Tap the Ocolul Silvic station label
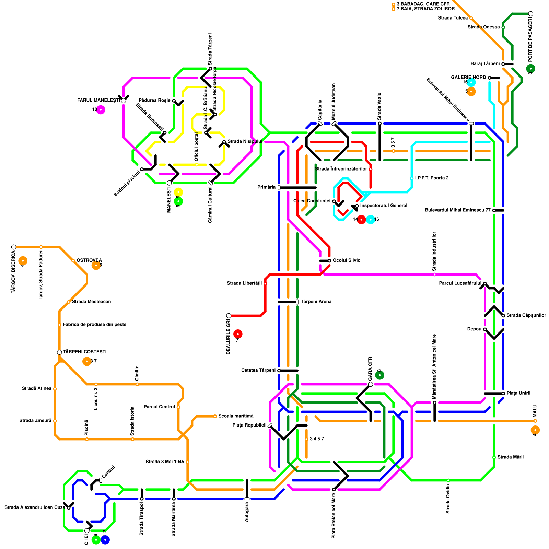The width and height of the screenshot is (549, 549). coord(346,260)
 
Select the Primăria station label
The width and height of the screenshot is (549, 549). coord(266,187)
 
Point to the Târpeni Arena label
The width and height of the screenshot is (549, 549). coord(316,302)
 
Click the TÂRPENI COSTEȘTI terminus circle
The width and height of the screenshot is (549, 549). coord(59,352)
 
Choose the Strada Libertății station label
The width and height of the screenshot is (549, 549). coord(244,283)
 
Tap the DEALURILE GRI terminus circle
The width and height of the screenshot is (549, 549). coord(229,316)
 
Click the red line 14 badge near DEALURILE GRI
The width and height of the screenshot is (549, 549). coord(238,334)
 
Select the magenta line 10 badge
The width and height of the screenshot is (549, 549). coord(101,110)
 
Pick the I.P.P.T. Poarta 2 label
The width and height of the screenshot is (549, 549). coord(432,178)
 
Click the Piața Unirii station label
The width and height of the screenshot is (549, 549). coord(518,393)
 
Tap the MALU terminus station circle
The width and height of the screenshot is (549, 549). coord(535,421)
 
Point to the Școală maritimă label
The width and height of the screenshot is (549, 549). coord(236,416)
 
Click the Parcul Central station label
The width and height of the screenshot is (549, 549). coord(159,407)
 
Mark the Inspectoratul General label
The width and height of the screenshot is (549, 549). coord(384,206)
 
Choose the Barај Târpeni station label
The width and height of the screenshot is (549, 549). coord(485,64)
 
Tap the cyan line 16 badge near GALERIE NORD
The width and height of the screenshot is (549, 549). coord(471,82)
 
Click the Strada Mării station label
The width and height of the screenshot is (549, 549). coord(511,457)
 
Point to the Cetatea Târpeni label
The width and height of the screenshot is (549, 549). coord(258,370)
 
